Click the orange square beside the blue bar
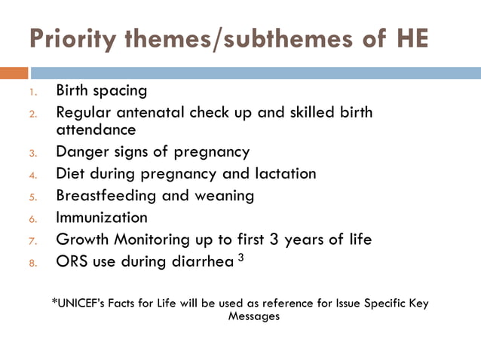[14, 73]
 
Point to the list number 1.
[32, 93]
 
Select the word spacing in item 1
[121, 92]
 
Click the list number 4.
[32, 175]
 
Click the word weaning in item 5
[224, 196]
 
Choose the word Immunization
[102, 218]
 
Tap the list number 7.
[32, 242]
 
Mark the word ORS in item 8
[72, 262]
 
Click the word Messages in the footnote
[253, 316]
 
